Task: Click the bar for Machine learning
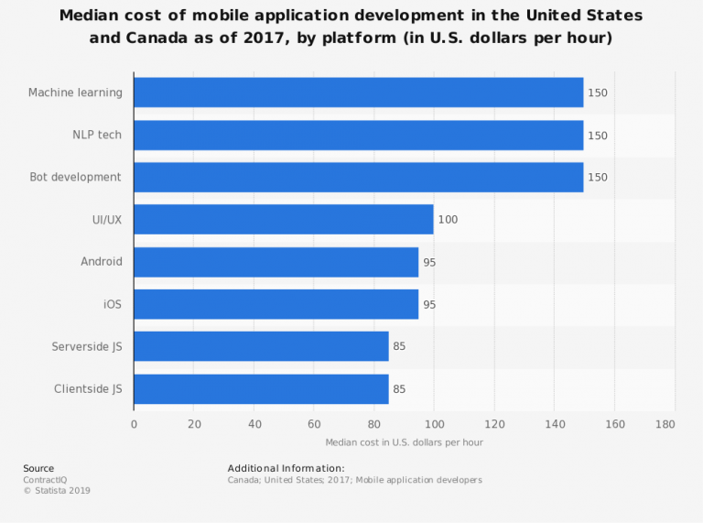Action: coord(358,93)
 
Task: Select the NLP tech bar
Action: coord(358,135)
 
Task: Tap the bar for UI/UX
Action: coord(284,219)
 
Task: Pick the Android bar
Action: coord(276,262)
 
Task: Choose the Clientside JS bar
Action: coord(261,388)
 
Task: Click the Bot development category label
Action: coord(75,177)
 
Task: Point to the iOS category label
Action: coord(112,304)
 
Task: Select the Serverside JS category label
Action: coord(87,346)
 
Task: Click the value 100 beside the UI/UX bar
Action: coord(448,220)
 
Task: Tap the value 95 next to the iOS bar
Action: coord(429,304)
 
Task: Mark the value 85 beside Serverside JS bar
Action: coord(399,346)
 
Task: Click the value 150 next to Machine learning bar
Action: coord(598,93)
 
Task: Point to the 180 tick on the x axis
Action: coord(665,424)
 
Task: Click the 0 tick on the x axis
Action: coord(134,424)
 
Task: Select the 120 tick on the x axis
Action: coord(494,424)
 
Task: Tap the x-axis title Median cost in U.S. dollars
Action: coord(404,442)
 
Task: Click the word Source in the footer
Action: coord(38,468)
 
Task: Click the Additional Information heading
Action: coord(286,468)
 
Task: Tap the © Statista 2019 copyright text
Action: coord(57,490)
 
